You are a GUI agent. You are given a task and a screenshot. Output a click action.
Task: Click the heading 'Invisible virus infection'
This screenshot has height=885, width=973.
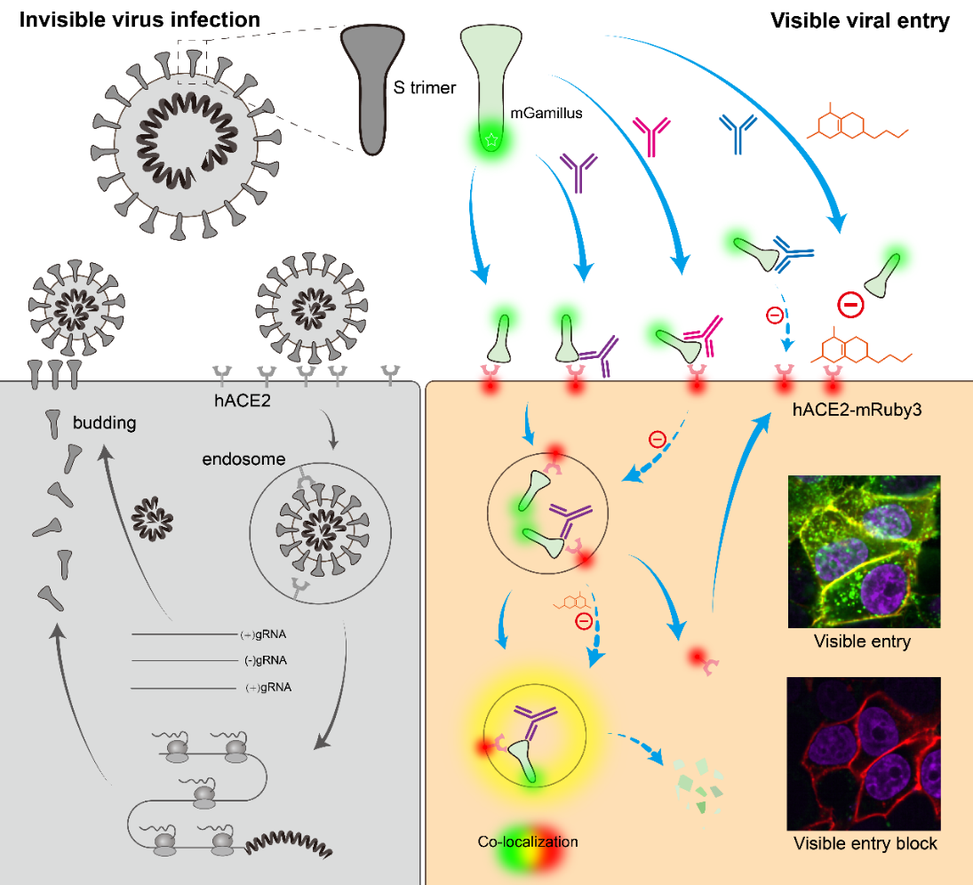(x=140, y=19)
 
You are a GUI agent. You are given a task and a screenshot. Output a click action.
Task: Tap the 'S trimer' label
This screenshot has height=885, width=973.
(x=425, y=88)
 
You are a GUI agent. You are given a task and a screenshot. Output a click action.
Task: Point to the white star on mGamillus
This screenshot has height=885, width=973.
(x=490, y=140)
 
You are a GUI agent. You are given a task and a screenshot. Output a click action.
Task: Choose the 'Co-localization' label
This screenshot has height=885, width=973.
(x=528, y=841)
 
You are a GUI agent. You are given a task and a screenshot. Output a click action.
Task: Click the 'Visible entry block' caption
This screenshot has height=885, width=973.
(x=865, y=843)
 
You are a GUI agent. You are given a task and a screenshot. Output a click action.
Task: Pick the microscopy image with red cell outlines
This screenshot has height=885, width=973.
(x=864, y=753)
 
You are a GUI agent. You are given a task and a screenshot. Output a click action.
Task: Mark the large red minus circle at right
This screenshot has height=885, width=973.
(x=850, y=306)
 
